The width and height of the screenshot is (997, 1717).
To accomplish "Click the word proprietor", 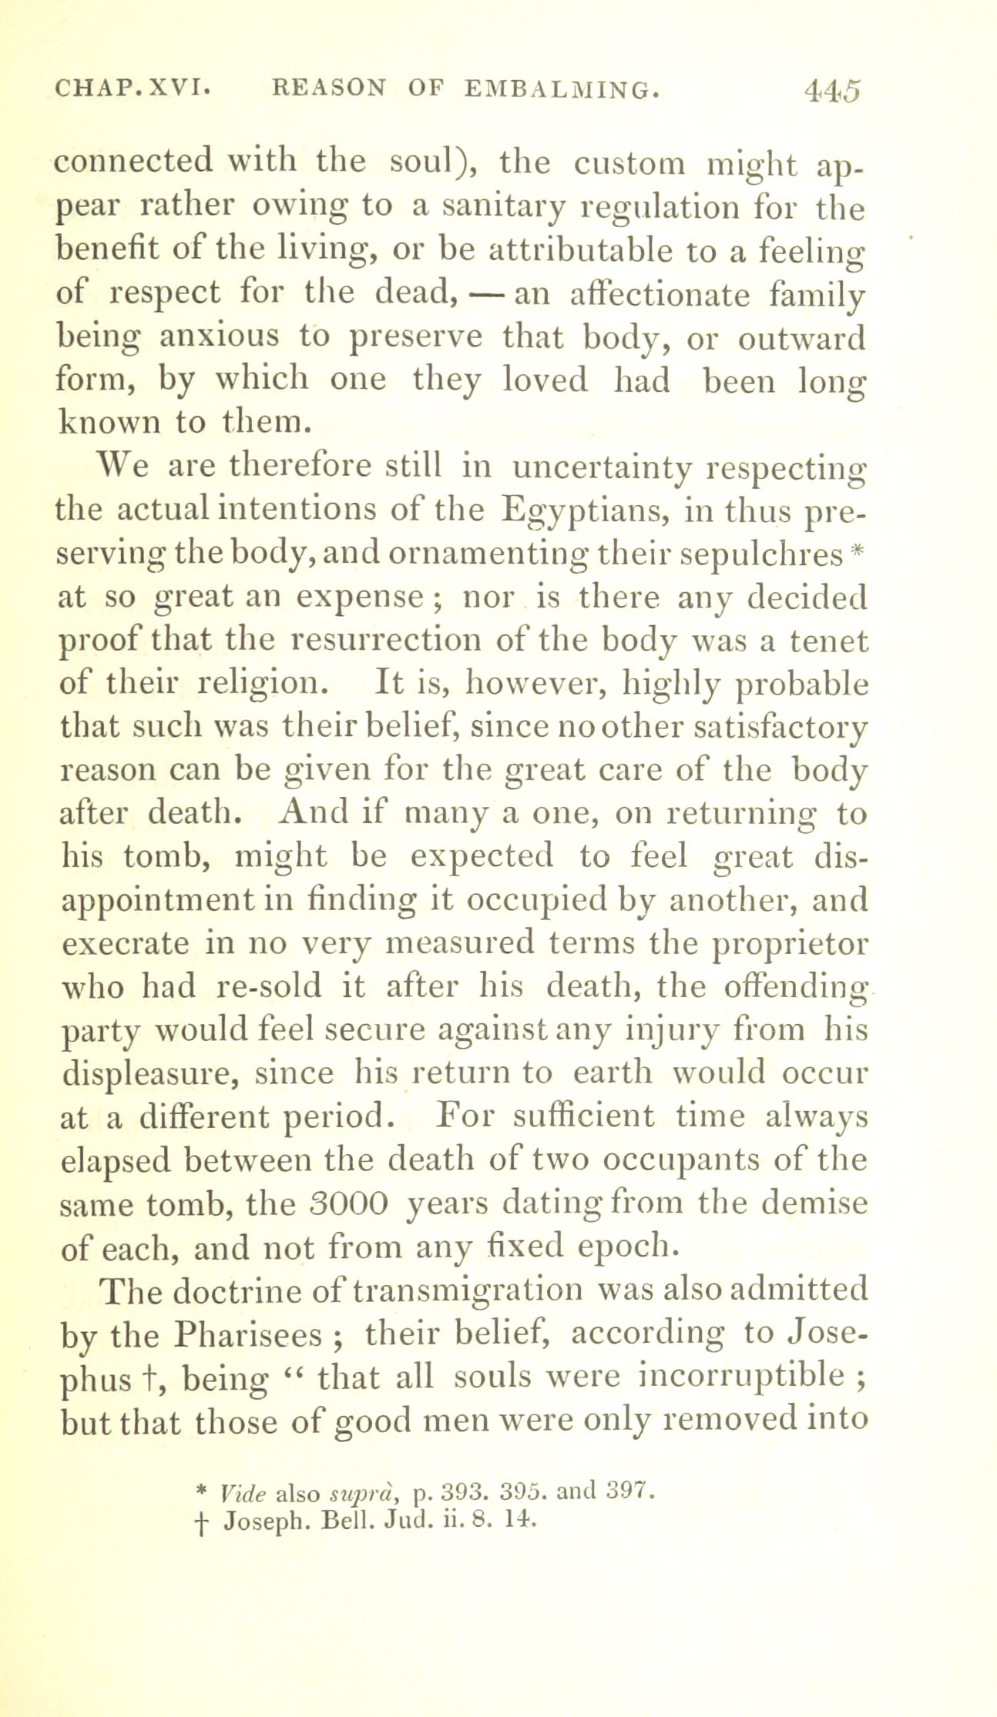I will [791, 943].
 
